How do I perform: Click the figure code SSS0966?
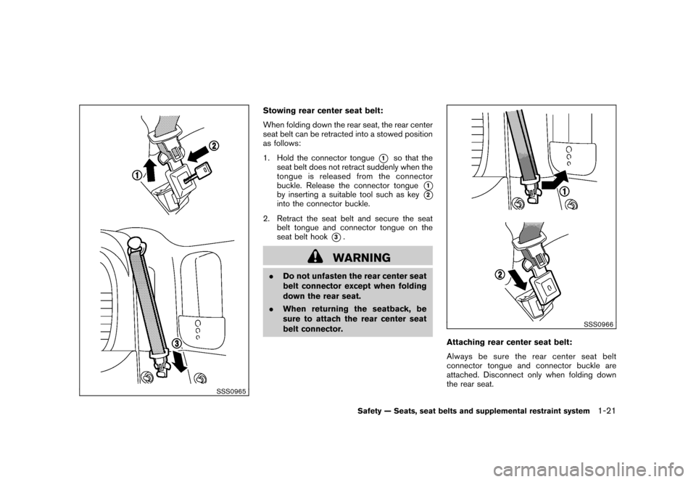coord(596,324)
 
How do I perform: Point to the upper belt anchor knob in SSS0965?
coord(135,242)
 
